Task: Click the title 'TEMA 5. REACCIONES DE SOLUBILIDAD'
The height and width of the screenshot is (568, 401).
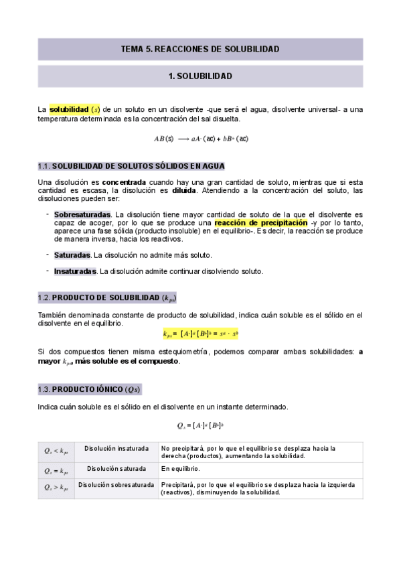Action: point(200,49)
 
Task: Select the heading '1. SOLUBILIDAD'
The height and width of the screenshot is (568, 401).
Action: point(200,76)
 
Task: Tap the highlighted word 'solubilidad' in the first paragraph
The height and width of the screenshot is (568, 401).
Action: point(70,109)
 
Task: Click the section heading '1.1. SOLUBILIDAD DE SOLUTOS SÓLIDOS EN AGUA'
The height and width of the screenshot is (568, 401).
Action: point(131,166)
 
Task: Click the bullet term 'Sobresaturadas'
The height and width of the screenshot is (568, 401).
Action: point(82,214)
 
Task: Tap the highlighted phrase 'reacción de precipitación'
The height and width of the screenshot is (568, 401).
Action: point(261,222)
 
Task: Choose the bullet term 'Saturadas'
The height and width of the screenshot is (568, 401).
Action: point(72,255)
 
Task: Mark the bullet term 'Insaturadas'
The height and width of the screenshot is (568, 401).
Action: point(76,271)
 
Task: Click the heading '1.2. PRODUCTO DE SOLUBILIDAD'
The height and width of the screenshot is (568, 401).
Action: point(108,298)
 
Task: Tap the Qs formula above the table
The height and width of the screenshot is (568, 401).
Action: point(199,425)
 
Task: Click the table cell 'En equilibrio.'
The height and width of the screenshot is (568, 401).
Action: point(181,469)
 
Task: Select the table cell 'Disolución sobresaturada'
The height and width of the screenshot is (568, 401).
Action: point(116,485)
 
